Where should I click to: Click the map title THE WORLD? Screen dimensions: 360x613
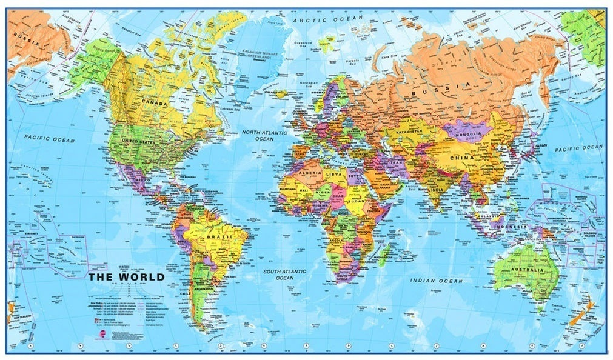(126, 277)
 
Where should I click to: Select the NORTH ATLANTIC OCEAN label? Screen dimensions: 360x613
(264, 135)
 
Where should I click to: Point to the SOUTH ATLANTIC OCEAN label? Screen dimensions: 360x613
(284, 274)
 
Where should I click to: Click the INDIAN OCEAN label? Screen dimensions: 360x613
(436, 281)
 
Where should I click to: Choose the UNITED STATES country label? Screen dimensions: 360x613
(139, 141)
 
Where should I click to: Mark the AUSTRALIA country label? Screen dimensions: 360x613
(521, 270)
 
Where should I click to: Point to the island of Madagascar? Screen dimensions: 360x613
(386, 255)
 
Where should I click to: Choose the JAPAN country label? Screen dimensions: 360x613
(541, 145)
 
